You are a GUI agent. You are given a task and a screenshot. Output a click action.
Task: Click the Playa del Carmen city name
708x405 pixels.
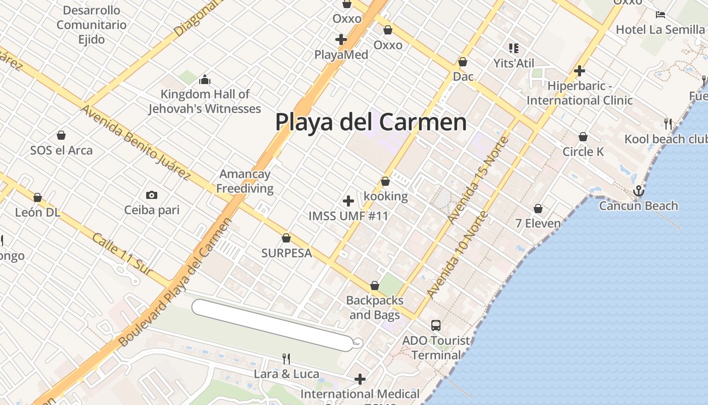[x=371, y=122]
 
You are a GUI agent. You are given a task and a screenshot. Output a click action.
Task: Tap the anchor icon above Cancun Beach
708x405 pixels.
[x=638, y=191]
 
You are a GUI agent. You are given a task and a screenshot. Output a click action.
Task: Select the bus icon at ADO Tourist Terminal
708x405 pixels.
[x=436, y=325]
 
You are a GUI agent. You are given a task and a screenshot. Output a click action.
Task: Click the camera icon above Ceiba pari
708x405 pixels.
[x=151, y=195]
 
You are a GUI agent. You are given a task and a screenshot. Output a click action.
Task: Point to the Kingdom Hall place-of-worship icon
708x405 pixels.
[x=204, y=79]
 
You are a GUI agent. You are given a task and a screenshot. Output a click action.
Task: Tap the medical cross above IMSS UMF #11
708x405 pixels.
[x=348, y=201]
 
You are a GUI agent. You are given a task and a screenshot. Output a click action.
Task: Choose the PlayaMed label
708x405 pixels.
[x=341, y=54]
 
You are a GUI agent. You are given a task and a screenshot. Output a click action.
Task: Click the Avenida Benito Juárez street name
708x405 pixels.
[x=136, y=142]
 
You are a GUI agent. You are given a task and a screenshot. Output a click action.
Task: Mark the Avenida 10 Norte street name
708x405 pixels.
[x=457, y=254]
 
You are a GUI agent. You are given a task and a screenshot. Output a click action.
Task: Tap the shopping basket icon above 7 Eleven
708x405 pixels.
[x=538, y=209]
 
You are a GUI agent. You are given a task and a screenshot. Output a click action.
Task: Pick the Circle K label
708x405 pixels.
[x=583, y=151]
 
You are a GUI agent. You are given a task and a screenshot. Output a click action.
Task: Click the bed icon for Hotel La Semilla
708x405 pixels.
[x=660, y=14]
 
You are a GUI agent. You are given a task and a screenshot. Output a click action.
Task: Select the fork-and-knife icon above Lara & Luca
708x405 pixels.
[x=286, y=359]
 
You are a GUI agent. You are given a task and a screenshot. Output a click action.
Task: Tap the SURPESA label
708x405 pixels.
[x=286, y=253]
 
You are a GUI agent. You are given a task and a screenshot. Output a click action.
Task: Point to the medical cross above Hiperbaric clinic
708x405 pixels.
[x=580, y=71]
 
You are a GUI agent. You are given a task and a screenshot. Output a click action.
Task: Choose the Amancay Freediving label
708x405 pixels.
[x=245, y=181]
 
